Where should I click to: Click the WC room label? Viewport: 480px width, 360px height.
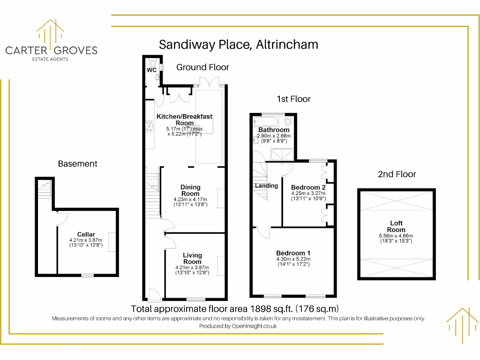click(x=151, y=70)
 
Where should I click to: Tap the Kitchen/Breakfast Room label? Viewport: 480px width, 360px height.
click(x=185, y=120)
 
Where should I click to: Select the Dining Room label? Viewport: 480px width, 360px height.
click(x=190, y=190)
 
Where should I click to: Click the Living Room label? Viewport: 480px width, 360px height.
click(x=192, y=258)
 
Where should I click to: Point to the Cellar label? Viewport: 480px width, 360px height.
click(x=86, y=234)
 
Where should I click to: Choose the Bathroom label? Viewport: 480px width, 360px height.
click(x=274, y=130)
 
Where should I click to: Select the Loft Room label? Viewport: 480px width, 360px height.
click(x=396, y=226)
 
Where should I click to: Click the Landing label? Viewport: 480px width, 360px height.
click(x=266, y=186)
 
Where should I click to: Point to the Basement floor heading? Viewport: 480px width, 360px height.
click(x=78, y=164)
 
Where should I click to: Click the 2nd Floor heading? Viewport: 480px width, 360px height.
click(x=397, y=174)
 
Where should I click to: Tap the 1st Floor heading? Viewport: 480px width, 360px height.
click(x=293, y=99)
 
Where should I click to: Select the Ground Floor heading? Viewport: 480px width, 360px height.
click(x=202, y=67)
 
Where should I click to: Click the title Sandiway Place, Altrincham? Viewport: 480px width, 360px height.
click(x=239, y=45)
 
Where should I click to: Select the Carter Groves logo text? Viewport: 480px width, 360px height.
click(x=51, y=50)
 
